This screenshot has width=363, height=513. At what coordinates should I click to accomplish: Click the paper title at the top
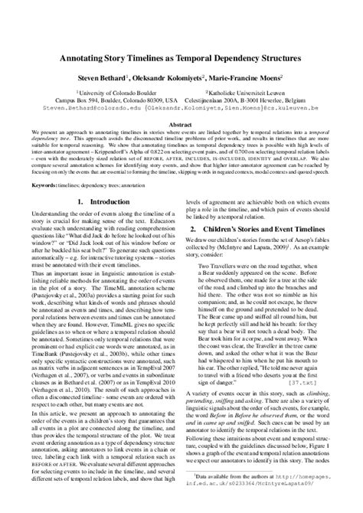point(181,58)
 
